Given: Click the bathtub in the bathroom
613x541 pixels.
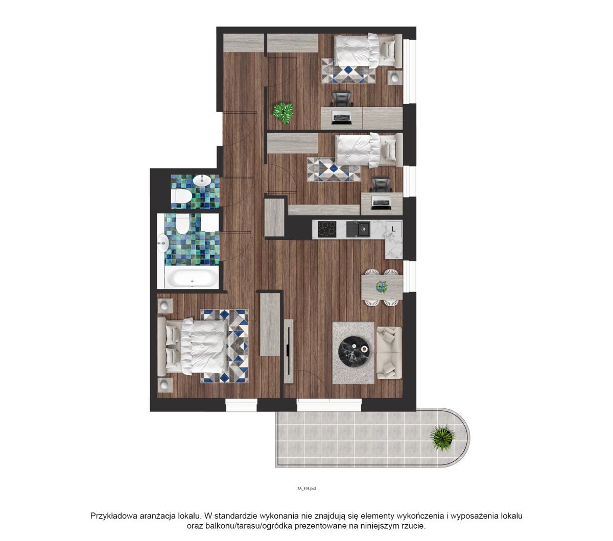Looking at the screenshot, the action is tap(191, 277).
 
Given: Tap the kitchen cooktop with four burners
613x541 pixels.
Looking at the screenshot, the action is tap(327, 229).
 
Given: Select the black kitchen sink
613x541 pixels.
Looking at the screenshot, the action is tap(358, 229).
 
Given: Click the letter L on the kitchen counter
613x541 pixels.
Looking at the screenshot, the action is tap(393, 229).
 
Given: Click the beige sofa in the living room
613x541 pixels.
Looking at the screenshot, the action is tap(389, 353).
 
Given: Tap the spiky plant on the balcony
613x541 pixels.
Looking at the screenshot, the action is tap(442, 437).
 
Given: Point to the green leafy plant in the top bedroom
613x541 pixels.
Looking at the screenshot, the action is tap(283, 112).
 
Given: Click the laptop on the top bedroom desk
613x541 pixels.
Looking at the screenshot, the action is tap(342, 117).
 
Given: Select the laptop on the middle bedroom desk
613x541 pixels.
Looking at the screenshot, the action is tap(381, 203).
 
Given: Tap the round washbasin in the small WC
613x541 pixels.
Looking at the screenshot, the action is tap(202, 180).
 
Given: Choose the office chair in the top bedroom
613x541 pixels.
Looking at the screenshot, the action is tap(342, 99).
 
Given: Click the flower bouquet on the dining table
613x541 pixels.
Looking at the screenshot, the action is tap(381, 287).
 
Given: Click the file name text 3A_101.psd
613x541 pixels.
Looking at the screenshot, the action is tap(306, 488).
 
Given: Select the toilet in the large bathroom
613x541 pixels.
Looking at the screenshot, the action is tap(182, 224).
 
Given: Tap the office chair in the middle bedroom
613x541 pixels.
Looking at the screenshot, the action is tap(381, 185).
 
